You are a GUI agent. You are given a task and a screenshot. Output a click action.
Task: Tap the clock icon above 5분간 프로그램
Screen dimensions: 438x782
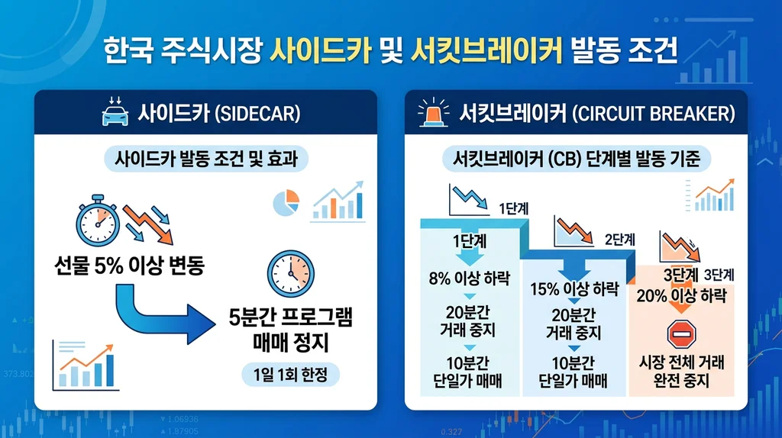(291, 272)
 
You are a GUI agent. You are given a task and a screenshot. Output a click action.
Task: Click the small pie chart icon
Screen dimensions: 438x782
(286, 203)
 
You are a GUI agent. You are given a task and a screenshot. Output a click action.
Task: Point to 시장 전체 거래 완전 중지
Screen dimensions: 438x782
(680, 371)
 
